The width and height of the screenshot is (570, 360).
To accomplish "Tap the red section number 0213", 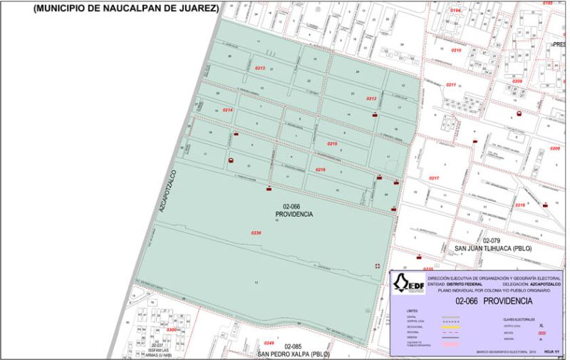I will tap(260, 68).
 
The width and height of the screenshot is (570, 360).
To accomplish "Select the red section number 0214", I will tap(228, 110).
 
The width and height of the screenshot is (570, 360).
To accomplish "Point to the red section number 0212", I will tap(371, 98).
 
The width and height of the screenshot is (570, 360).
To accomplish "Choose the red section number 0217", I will tap(434, 178).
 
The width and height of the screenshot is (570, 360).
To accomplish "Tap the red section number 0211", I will tap(451, 85).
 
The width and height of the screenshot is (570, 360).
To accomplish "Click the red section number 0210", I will tap(456, 51).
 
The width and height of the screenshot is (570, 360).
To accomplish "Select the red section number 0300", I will tap(171, 330).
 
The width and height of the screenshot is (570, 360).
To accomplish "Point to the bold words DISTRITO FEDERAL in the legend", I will tap(466, 284).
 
